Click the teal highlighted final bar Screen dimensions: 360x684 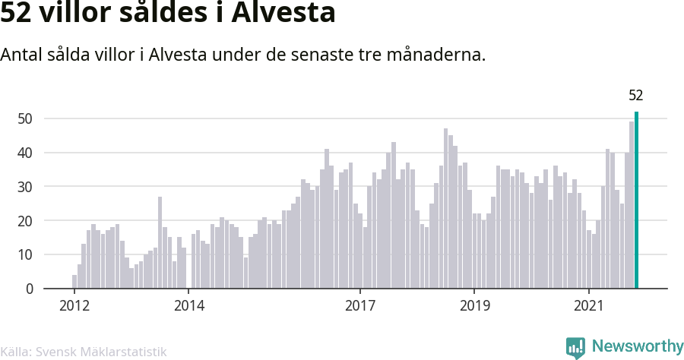pos(636,201)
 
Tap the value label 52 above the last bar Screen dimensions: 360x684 pos(636,96)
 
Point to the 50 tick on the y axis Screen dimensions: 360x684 pos(26,118)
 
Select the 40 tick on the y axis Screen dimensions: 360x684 pos(26,153)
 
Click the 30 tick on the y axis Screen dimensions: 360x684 pos(26,187)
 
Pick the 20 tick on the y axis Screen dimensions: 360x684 pos(26,221)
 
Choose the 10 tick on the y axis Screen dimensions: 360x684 pos(26,255)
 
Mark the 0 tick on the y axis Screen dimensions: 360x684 pos(29,289)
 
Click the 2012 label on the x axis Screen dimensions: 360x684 pos(74,306)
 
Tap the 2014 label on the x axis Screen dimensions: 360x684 pos(188,306)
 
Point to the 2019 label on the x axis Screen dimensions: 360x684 pos(474,306)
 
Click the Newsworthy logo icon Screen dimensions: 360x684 pos(575,348)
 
